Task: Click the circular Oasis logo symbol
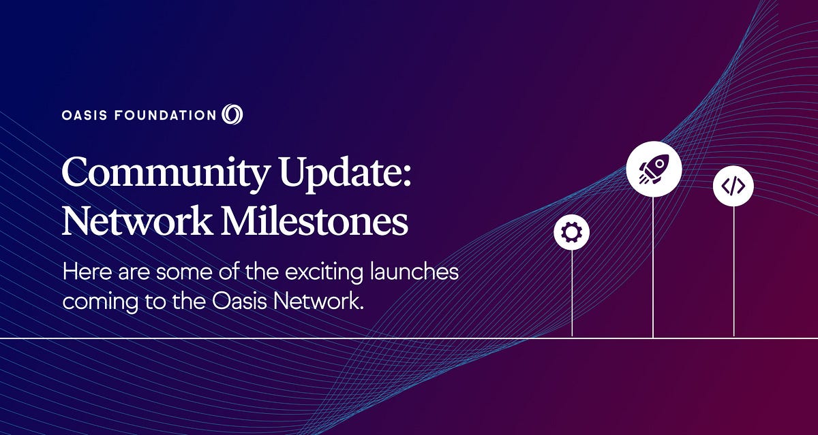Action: (x=232, y=114)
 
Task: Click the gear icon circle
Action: (x=571, y=233)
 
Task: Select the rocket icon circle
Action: (x=653, y=168)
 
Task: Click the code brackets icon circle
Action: (x=733, y=186)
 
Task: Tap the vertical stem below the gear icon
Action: (x=572, y=293)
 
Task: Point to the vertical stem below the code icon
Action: (x=733, y=272)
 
